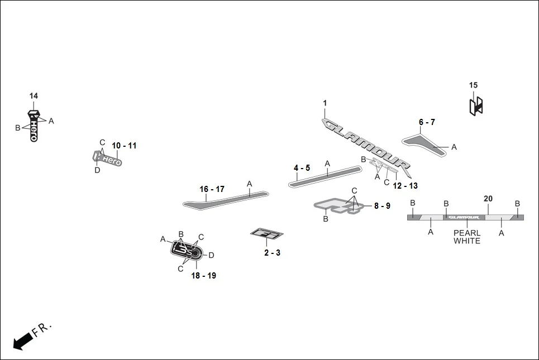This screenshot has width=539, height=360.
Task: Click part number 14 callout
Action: (34, 96)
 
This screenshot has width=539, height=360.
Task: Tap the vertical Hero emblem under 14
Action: (34, 128)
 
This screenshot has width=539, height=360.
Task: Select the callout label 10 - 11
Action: (124, 146)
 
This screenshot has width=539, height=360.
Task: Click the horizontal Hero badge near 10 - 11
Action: (108, 159)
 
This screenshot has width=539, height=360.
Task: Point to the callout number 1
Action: (325, 103)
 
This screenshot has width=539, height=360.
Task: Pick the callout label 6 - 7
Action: (427, 122)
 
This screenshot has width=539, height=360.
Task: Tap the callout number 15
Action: (473, 85)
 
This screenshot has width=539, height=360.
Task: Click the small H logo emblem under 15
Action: (475, 105)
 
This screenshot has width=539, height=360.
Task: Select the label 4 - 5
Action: (302, 168)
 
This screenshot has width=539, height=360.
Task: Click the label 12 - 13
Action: (405, 185)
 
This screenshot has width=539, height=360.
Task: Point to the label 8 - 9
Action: (382, 206)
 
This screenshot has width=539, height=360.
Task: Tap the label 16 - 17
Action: (212, 189)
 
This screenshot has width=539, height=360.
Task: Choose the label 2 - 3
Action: (272, 253)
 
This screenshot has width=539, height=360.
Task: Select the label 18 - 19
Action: (204, 276)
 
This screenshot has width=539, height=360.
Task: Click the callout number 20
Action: (488, 199)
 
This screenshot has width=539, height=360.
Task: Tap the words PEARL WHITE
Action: (466, 237)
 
